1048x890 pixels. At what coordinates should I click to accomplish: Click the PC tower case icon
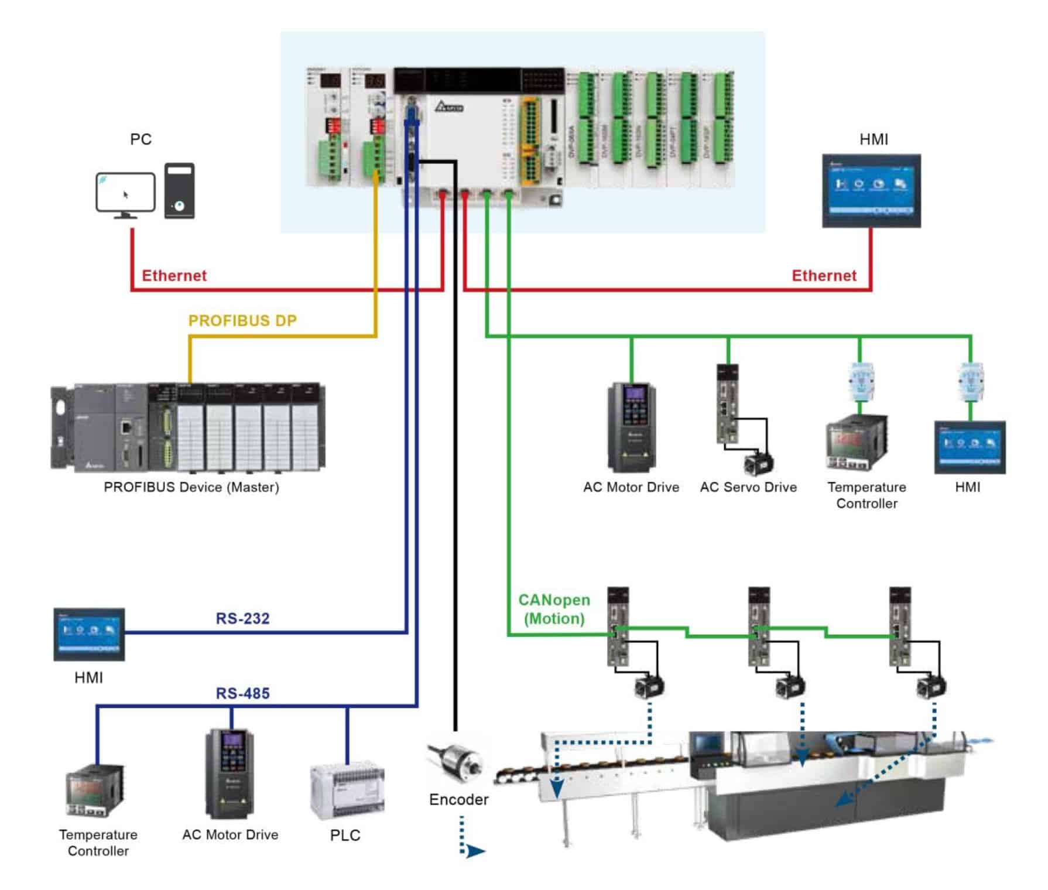[179, 191]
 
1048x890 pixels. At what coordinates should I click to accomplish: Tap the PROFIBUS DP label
[242, 321]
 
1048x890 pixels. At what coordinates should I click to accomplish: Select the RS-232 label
[242, 619]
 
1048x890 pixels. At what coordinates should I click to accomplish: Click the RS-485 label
[242, 694]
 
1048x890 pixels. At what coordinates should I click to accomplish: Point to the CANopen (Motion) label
[554, 610]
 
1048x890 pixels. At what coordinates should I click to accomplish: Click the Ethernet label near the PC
[174, 276]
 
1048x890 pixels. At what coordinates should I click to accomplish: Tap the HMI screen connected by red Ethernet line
[871, 191]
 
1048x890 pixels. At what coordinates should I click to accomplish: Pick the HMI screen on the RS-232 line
[89, 635]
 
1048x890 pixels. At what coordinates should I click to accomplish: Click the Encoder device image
[456, 762]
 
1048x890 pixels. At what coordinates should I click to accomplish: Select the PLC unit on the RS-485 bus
[347, 790]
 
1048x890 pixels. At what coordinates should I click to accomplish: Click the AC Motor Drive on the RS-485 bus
[230, 774]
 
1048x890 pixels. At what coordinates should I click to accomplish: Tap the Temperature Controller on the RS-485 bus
[95, 790]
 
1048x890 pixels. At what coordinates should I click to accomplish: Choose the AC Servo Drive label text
[748, 488]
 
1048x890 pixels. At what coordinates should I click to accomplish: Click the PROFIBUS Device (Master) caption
[191, 487]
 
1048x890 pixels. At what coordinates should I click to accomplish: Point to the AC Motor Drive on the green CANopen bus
[631, 427]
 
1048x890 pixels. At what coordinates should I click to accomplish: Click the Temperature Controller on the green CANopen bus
[857, 442]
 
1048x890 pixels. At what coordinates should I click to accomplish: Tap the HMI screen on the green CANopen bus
[970, 447]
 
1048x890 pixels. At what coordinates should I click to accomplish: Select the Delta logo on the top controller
[449, 107]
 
